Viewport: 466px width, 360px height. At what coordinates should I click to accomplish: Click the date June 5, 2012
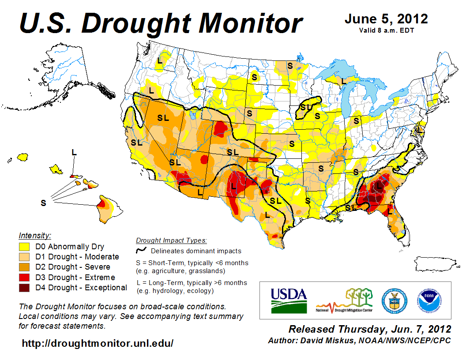[x=386, y=19]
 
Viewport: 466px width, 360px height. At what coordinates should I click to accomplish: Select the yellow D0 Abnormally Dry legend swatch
[x=24, y=247]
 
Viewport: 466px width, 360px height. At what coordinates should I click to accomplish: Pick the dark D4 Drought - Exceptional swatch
[x=24, y=288]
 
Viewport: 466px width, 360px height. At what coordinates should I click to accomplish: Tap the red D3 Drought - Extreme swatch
[x=24, y=277]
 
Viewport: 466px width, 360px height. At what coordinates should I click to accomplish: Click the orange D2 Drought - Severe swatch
[x=24, y=267]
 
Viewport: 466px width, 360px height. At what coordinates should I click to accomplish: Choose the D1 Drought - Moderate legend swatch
[x=24, y=257]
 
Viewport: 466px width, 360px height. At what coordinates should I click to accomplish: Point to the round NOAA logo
[x=428, y=300]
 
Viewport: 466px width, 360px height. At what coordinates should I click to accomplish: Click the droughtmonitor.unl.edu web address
[x=98, y=343]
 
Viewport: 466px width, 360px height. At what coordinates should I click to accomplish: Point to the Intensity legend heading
[x=35, y=235]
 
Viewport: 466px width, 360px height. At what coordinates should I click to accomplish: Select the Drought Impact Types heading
[x=171, y=240]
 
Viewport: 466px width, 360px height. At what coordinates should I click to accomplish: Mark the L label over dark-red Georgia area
[x=378, y=186]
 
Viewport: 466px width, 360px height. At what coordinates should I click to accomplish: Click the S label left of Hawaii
[x=43, y=203]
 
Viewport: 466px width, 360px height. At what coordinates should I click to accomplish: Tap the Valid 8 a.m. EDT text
[x=386, y=30]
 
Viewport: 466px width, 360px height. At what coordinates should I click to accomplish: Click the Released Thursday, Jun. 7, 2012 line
[x=370, y=329]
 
